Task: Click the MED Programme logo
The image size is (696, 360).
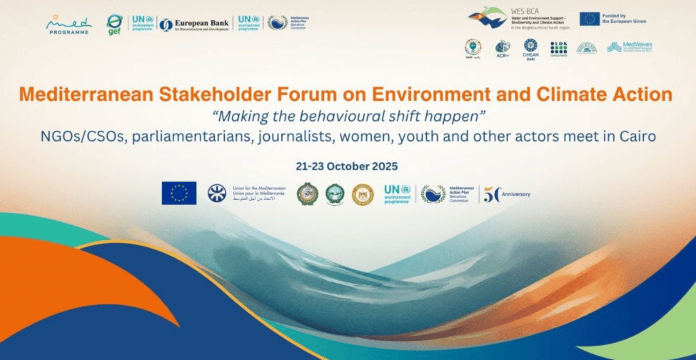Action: pyautogui.click(x=69, y=25)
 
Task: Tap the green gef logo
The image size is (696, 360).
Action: pyautogui.click(x=115, y=25)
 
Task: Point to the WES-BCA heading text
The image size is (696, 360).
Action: pyautogui.click(x=525, y=11)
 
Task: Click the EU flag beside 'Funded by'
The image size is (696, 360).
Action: pyautogui.click(x=590, y=19)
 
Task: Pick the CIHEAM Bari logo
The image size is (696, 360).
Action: pyautogui.click(x=530, y=49)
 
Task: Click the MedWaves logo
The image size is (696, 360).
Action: pyautogui.click(x=629, y=47)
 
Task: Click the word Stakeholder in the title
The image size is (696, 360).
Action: pyautogui.click(x=215, y=94)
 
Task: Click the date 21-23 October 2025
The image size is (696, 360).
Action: pyautogui.click(x=347, y=166)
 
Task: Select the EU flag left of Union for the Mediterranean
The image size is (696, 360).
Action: pyautogui.click(x=179, y=193)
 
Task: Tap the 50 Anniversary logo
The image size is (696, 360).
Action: pyautogui.click(x=506, y=195)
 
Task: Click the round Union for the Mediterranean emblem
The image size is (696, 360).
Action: pyautogui.click(x=217, y=194)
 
